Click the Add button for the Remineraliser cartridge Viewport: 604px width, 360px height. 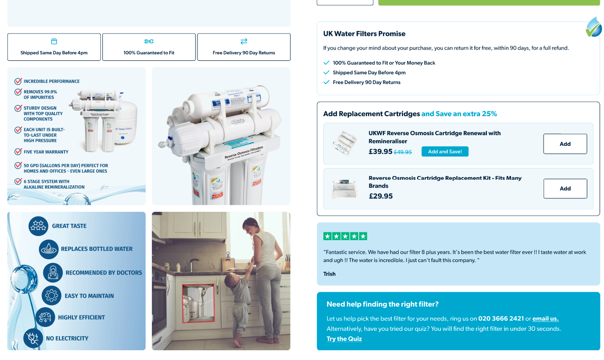coord(565,144)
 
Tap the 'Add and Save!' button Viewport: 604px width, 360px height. coord(445,151)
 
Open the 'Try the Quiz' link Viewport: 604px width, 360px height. coord(344,339)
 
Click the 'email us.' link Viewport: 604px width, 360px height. coord(545,319)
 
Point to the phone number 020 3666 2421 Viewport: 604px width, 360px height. coord(501,319)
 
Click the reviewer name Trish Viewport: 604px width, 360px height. coord(329,274)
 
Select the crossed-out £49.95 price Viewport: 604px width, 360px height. coord(403,152)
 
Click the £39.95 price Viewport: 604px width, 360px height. coord(381,151)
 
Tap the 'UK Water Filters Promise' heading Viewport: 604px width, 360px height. coord(364,34)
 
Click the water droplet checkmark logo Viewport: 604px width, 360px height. coord(594,27)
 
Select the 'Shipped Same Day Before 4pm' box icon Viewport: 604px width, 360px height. coord(54,41)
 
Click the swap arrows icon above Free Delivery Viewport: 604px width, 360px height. coord(244,41)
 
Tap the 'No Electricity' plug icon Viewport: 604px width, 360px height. coord(33,338)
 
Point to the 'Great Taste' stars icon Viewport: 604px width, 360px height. coord(38,226)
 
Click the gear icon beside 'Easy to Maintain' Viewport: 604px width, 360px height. coord(52,295)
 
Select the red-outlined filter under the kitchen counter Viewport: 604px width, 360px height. coord(198,303)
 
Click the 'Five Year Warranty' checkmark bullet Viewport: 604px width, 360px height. coord(19,152)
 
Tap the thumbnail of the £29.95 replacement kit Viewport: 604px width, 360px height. coord(344,189)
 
